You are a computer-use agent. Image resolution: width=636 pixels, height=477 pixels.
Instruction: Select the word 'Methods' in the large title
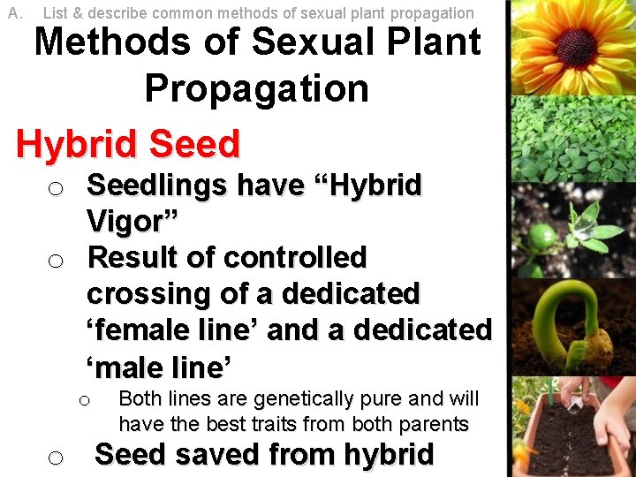click(109, 42)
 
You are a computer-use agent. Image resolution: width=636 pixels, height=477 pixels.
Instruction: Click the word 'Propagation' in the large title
click(256, 88)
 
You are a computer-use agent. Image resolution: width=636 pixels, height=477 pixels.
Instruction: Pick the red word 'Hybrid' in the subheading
click(77, 144)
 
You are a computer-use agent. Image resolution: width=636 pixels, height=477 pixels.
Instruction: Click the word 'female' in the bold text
click(141, 329)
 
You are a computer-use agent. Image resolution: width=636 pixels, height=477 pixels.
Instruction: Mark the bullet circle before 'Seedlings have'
click(55, 189)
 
